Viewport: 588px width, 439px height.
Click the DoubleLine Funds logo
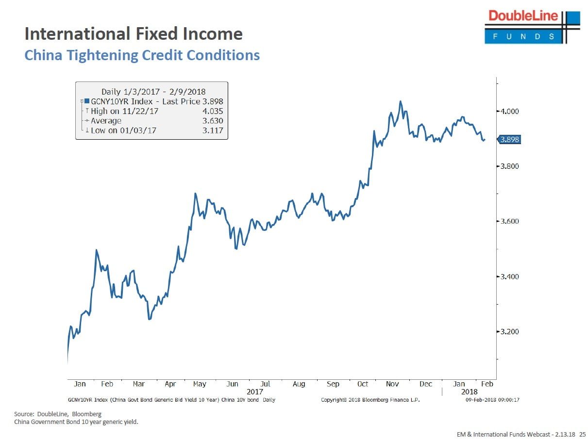click(532, 27)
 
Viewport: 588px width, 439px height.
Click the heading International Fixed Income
click(134, 34)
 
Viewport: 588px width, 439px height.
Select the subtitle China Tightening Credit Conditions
click(142, 55)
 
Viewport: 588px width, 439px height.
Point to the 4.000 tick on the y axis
click(509, 112)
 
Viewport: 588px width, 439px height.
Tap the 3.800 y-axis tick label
click(509, 166)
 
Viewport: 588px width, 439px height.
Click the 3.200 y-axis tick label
click(509, 332)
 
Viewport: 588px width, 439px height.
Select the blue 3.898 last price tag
click(509, 140)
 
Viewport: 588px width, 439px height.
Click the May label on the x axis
click(200, 384)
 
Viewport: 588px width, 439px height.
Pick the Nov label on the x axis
click(392, 384)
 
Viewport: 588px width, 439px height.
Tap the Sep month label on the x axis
click(333, 384)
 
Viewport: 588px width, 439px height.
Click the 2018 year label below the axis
click(470, 391)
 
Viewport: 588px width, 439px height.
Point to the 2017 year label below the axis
click(255, 391)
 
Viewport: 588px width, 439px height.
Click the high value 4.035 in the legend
click(213, 111)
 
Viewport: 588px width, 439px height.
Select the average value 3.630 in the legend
click(213, 121)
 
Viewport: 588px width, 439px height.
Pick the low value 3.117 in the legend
click(213, 130)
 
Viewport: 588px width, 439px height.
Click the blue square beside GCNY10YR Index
click(87, 101)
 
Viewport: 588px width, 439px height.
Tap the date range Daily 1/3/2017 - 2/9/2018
click(153, 92)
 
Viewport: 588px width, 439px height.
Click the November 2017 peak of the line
click(401, 101)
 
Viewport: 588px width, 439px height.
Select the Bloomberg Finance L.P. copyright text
click(370, 400)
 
